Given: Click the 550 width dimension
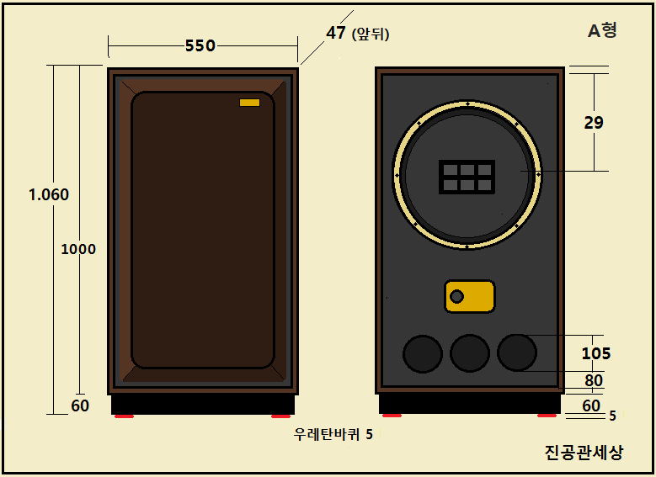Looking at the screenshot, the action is click(200, 45).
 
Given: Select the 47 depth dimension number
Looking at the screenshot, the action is click(336, 33).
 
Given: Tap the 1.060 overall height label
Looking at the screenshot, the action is click(49, 195).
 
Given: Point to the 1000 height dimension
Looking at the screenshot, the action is click(78, 249).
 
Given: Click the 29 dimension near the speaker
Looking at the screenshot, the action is click(594, 123).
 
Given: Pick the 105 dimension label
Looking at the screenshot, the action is click(596, 353).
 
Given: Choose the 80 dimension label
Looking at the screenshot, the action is click(594, 380).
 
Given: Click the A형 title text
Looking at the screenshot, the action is click(602, 30).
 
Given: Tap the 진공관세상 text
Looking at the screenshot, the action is click(584, 453).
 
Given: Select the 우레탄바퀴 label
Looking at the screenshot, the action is click(327, 434).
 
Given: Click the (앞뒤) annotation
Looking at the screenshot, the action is click(371, 34).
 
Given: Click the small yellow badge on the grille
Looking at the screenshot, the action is click(250, 103).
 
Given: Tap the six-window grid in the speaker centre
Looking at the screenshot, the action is click(467, 177).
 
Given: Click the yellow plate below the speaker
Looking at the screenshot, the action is click(469, 296).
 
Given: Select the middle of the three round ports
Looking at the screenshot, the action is click(470, 353).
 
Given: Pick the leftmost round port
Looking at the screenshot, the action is click(423, 353).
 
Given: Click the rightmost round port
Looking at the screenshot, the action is click(517, 352).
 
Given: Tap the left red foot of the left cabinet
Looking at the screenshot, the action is click(125, 416).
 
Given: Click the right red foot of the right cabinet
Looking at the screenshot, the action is click(547, 416).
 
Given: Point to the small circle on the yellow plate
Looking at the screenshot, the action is click(456, 297).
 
